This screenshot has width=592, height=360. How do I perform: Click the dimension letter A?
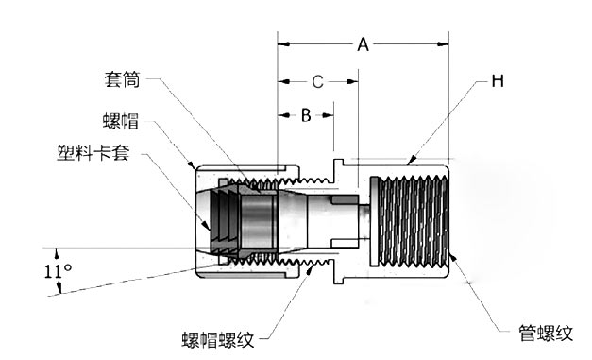[x=363, y=44]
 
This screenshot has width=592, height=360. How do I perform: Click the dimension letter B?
[x=306, y=115]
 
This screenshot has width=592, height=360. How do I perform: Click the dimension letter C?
[x=317, y=81]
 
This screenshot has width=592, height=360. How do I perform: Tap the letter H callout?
[x=498, y=80]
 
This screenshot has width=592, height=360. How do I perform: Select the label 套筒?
[x=123, y=79]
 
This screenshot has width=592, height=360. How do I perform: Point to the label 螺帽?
[x=121, y=121]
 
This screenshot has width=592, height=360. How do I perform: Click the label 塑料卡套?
[x=93, y=153]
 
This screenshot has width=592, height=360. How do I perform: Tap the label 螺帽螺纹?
[x=218, y=339]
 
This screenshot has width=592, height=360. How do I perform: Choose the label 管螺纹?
[x=546, y=334]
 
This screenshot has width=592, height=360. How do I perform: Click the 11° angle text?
[x=59, y=271]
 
